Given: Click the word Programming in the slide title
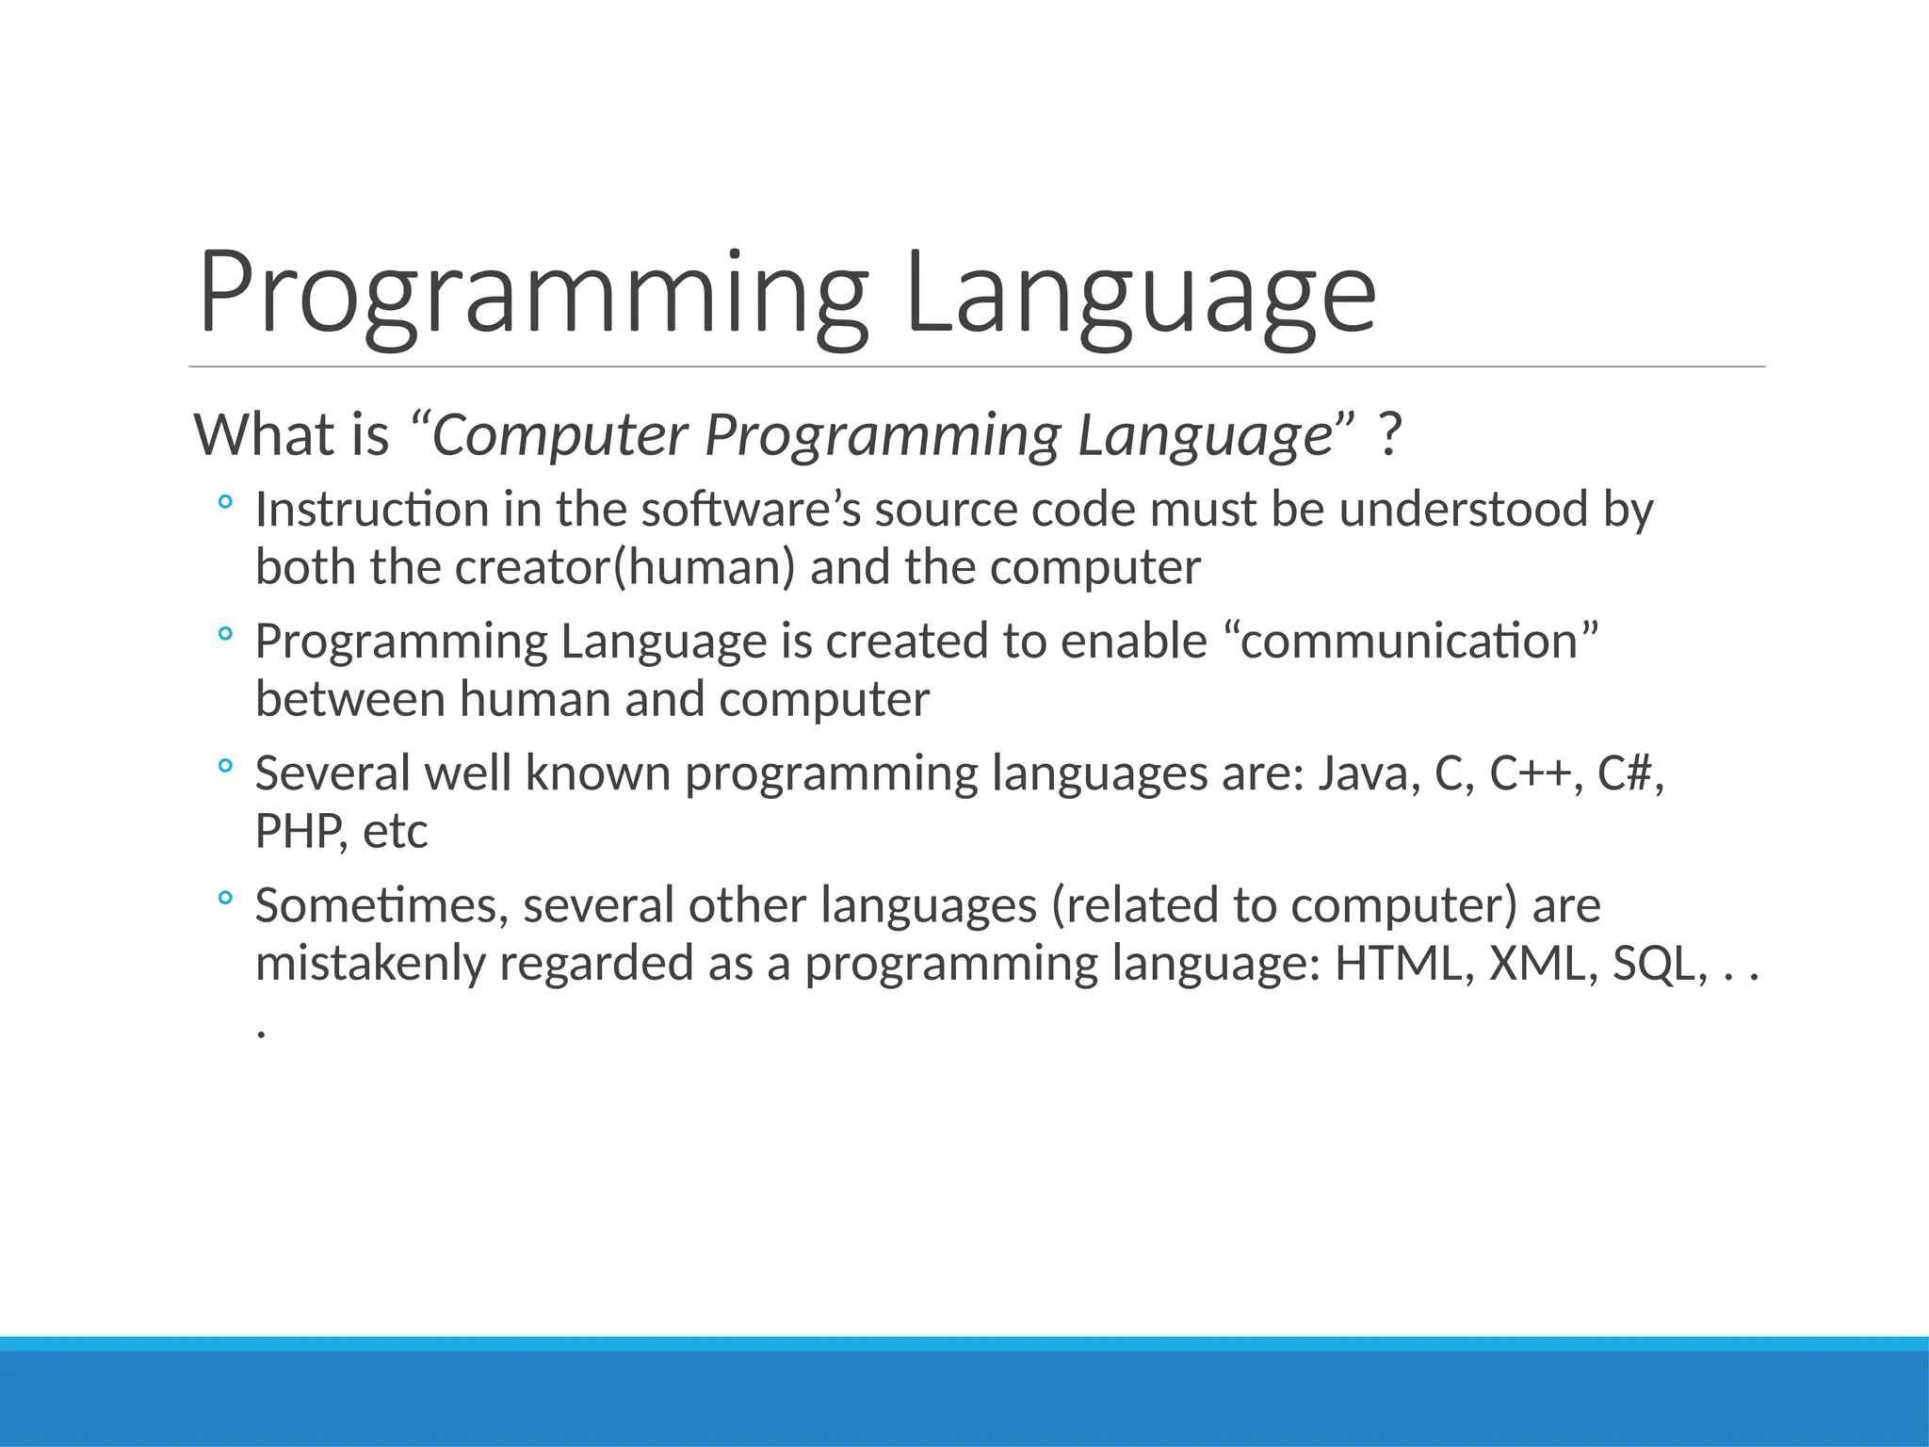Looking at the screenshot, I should click(532, 294).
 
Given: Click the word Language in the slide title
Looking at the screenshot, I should click(1141, 294).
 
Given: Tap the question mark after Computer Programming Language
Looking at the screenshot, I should click(1388, 435).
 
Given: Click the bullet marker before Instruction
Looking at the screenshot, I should click(224, 503).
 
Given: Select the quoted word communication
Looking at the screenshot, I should click(1409, 642).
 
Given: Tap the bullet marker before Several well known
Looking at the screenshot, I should click(224, 767).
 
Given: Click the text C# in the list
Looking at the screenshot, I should click(1626, 773).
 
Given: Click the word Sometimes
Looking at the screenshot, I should click(381, 905).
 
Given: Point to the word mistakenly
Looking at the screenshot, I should click(369, 964).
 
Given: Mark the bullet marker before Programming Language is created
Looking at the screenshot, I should click(224, 635).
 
